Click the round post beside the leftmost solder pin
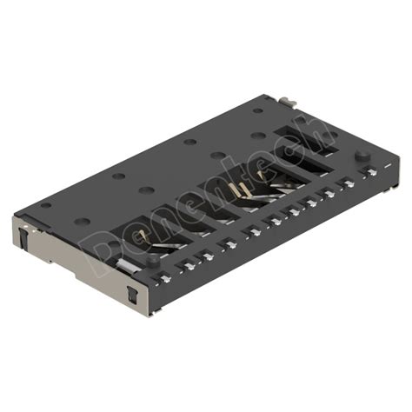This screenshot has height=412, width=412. pos(152,258)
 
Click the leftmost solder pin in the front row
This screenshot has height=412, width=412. pos(164,277)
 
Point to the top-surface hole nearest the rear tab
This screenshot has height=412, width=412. pos(259,110)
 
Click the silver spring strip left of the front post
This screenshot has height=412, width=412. pos(127,262)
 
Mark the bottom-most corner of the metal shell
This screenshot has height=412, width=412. pos(153,310)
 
